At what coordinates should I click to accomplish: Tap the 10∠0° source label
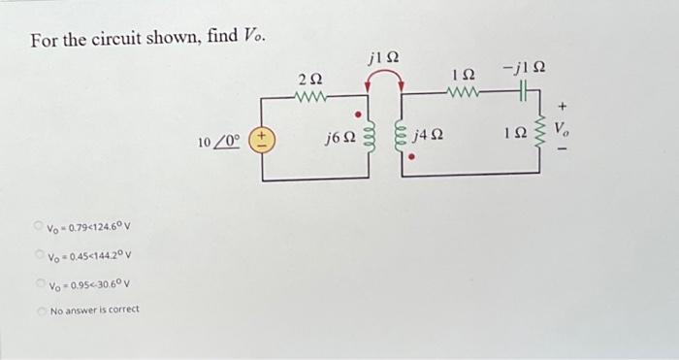coord(218,143)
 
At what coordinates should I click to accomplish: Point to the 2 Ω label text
coord(311,78)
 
